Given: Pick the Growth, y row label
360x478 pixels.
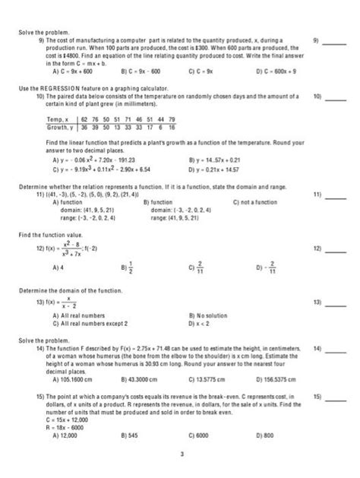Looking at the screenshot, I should coord(61,127).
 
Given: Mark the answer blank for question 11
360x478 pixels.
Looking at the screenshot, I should coord(336,196).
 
